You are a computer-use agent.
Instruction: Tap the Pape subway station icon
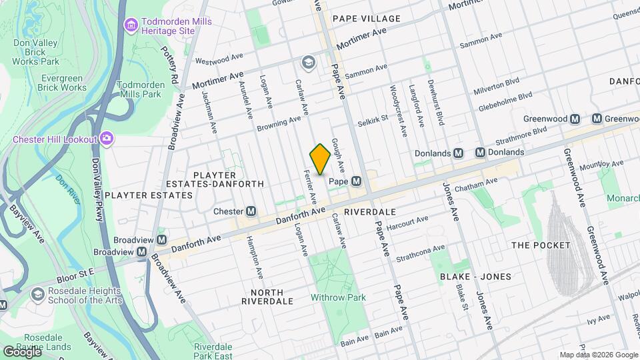click(357, 181)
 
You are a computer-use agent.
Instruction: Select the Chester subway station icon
click(251, 211)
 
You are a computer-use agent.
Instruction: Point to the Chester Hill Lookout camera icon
click(106, 139)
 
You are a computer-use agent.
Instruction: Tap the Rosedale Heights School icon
click(37, 294)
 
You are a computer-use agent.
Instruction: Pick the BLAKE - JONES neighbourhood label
click(475, 276)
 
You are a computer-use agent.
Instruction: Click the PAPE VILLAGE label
click(366, 19)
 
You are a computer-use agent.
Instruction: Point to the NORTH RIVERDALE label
click(267, 297)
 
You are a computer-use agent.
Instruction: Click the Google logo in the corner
click(21, 351)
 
